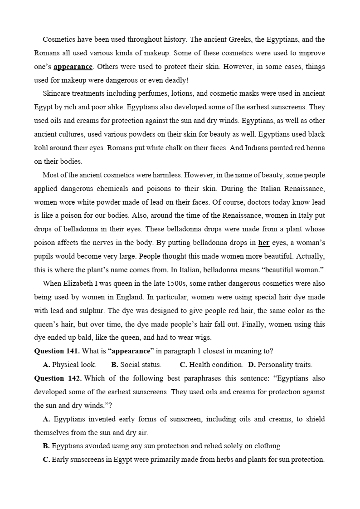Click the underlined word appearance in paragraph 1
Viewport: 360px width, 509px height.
pyautogui.click(x=73, y=67)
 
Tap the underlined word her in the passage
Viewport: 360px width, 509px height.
pyautogui.click(x=264, y=243)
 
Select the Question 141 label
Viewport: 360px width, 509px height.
pyautogui.click(x=57, y=351)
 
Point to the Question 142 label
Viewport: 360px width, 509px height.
pyautogui.click(x=58, y=378)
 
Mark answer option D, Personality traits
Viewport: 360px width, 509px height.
pyautogui.click(x=280, y=365)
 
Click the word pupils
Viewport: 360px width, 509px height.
pyautogui.click(x=44, y=256)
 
